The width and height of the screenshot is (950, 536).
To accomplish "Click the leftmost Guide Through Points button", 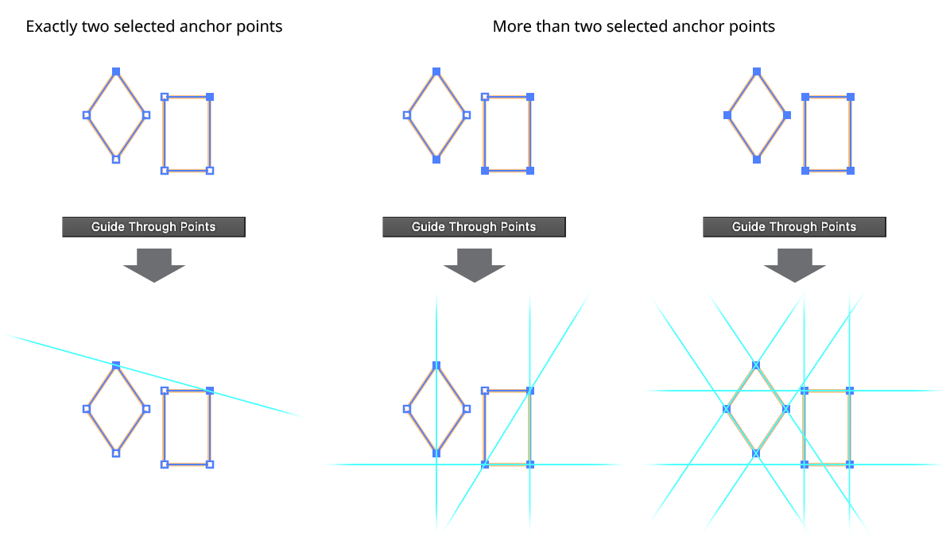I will (x=153, y=227).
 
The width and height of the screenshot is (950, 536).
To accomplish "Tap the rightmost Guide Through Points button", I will (x=794, y=227).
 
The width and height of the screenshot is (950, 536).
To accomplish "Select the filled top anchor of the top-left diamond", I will (x=116, y=72).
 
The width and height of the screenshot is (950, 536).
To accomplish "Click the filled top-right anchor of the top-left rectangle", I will (x=210, y=97).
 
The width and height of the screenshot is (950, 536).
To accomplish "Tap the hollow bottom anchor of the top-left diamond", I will (x=116, y=160).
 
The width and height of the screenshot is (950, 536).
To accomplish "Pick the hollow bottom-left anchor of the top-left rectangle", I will (x=165, y=171).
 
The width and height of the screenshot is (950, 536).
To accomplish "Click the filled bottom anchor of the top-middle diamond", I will (x=436, y=160).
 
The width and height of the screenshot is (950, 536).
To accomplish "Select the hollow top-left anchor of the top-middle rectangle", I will (x=485, y=97).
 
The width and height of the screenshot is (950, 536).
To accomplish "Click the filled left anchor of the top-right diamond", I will (x=727, y=115).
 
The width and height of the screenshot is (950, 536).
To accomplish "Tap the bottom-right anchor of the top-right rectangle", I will (x=851, y=171).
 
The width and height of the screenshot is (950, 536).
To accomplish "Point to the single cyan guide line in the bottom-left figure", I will (x=48, y=346).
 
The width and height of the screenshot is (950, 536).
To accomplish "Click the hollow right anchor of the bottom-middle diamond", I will (x=467, y=409).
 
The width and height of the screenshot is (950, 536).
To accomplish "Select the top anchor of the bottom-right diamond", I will (x=756, y=365).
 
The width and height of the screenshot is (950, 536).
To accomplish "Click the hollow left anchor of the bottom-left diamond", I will (x=87, y=409).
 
